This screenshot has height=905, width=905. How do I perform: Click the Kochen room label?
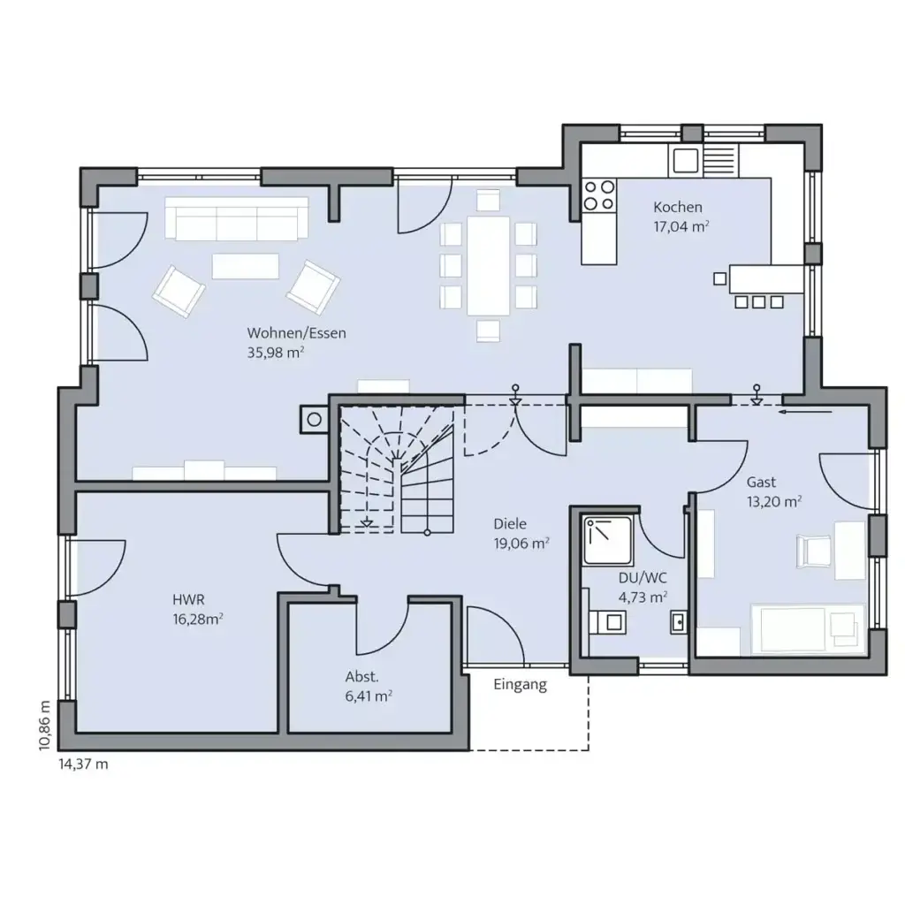678,207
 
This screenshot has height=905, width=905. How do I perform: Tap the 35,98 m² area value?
276,351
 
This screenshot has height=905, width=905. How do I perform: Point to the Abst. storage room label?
361,677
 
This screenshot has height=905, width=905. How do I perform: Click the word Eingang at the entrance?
520,684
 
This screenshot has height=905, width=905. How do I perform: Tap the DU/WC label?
643,578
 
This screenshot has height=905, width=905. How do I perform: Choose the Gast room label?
761,482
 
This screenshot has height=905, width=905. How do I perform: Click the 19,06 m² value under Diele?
521,543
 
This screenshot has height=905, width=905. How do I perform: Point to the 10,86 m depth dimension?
45,726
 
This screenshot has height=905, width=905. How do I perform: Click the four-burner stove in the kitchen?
599,194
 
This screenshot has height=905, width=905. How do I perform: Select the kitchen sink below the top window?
686,161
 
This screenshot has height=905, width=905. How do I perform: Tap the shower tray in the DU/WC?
608,541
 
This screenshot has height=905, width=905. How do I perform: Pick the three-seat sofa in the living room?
236,218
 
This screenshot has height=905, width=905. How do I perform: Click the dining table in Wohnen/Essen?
488,266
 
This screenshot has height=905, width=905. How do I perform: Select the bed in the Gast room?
805,628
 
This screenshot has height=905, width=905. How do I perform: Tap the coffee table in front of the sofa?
245,265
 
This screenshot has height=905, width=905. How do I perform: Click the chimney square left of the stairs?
312,419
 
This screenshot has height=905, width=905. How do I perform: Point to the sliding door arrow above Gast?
806,411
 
